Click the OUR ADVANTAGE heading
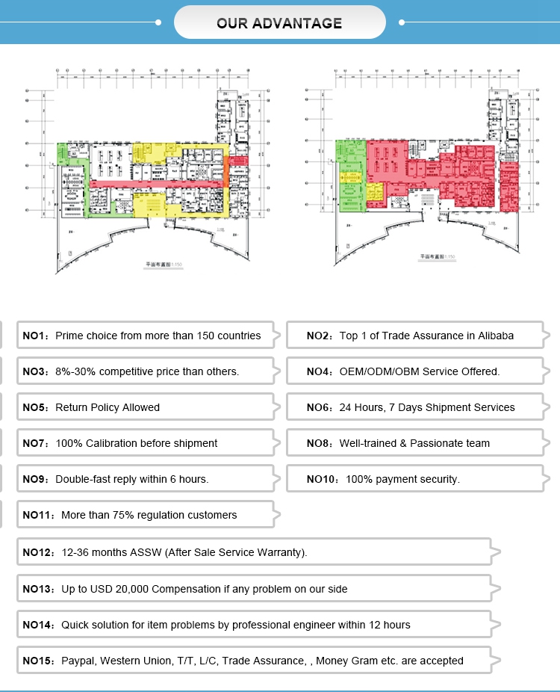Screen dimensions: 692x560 click(x=279, y=23)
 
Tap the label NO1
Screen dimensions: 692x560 click(x=34, y=336)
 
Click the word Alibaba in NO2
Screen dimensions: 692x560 click(x=491, y=336)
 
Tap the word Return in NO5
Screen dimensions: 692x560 click(x=72, y=407)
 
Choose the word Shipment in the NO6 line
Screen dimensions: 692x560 click(x=447, y=407)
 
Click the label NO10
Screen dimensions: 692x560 click(x=323, y=479)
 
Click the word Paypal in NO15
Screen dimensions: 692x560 click(x=78, y=661)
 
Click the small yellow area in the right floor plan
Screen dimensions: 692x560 click(x=374, y=192)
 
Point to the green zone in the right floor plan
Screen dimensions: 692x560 click(x=349, y=187)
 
